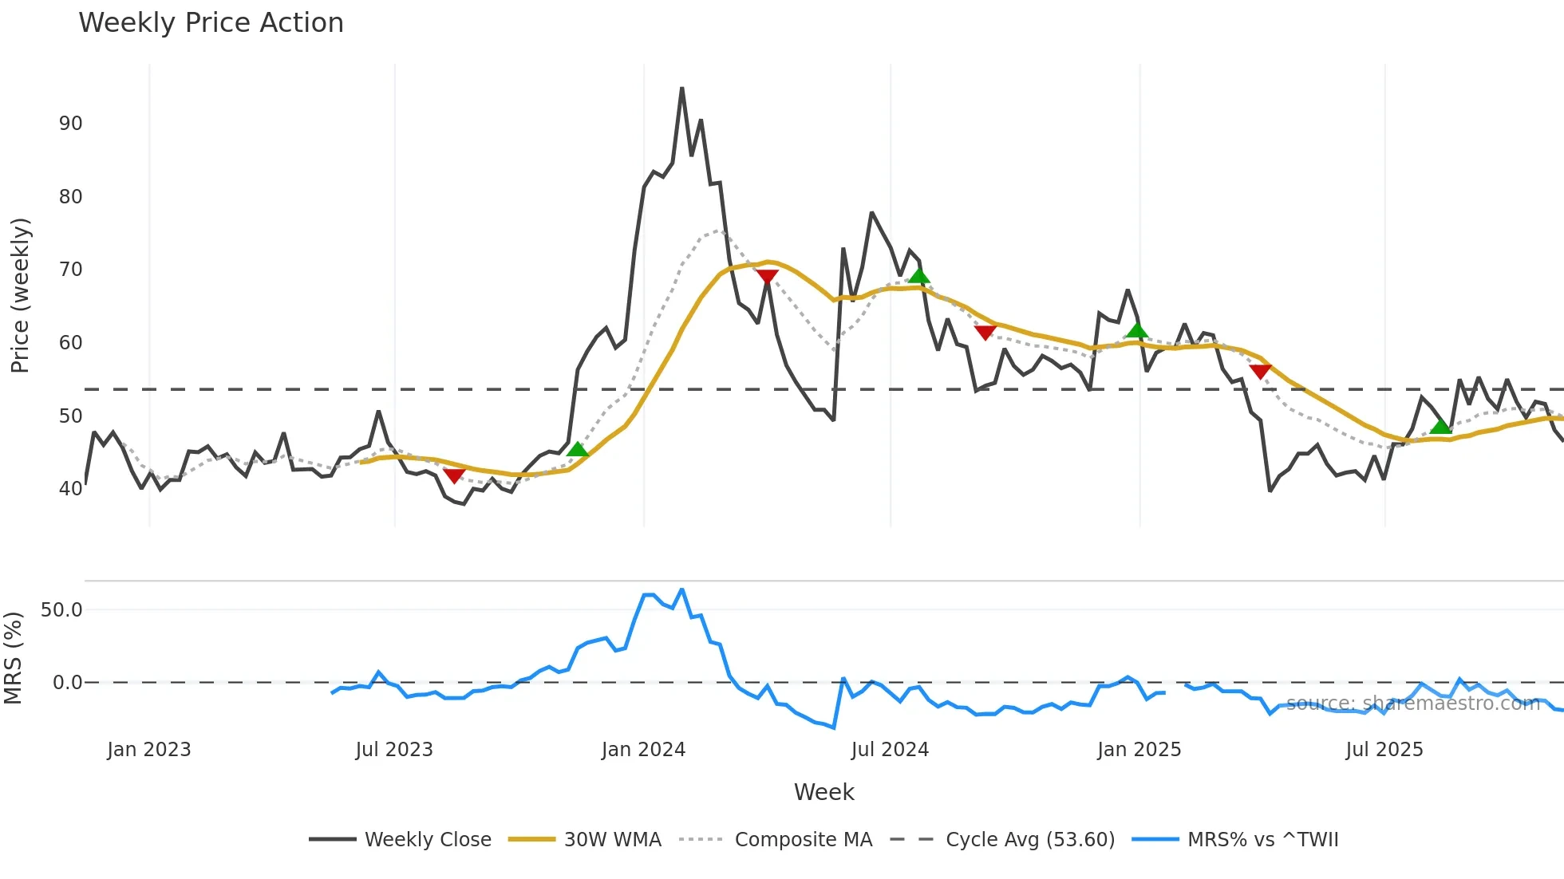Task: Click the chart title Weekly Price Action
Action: pyautogui.click(x=211, y=23)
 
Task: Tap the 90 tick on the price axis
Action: pyautogui.click(x=70, y=124)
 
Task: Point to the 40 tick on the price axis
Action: pyautogui.click(x=70, y=488)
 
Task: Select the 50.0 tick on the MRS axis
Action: pyautogui.click(x=61, y=610)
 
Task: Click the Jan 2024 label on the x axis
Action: pyautogui.click(x=643, y=750)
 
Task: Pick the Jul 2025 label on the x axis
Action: pyautogui.click(x=1384, y=750)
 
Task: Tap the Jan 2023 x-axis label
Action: pyautogui.click(x=149, y=750)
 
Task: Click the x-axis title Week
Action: pyautogui.click(x=823, y=792)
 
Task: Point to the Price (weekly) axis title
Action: pyautogui.click(x=20, y=295)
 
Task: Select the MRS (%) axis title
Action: pyautogui.click(x=13, y=658)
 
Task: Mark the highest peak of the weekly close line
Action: pyautogui.click(x=681, y=89)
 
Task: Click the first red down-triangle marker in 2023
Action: pyautogui.click(x=453, y=476)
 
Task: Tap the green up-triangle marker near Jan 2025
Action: pyautogui.click(x=1137, y=330)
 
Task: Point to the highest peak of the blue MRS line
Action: pyautogui.click(x=681, y=589)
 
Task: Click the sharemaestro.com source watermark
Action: pyautogui.click(x=1412, y=704)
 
